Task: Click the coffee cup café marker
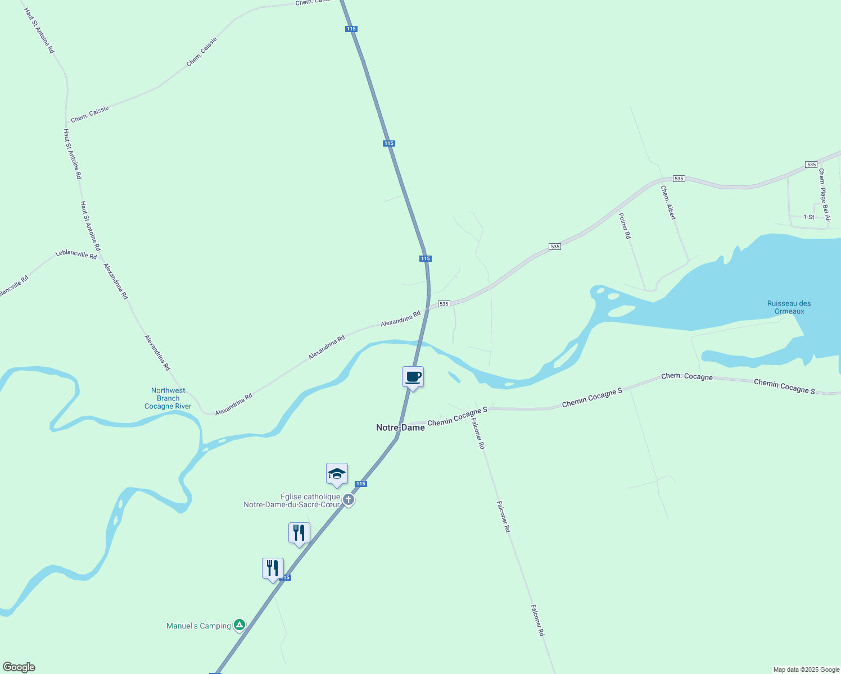(x=413, y=377)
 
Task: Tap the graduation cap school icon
(x=337, y=473)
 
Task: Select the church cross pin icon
(x=349, y=499)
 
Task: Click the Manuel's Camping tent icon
(x=239, y=625)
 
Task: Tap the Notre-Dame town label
(x=400, y=427)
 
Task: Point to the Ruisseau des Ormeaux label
(x=789, y=307)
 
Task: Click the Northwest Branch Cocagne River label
(x=168, y=398)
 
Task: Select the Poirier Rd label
(x=625, y=226)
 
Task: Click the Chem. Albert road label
(x=668, y=203)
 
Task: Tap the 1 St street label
(x=808, y=217)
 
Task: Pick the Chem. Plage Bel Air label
(x=824, y=195)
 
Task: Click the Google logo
(x=19, y=667)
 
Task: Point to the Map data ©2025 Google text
(x=806, y=670)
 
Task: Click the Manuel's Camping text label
(x=198, y=626)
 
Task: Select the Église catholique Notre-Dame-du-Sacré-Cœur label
(x=292, y=500)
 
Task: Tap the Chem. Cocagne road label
(x=686, y=376)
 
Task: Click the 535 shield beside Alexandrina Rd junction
(x=444, y=304)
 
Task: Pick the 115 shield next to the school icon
(x=361, y=484)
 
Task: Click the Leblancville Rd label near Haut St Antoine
(x=76, y=254)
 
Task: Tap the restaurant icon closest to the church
(x=299, y=532)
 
